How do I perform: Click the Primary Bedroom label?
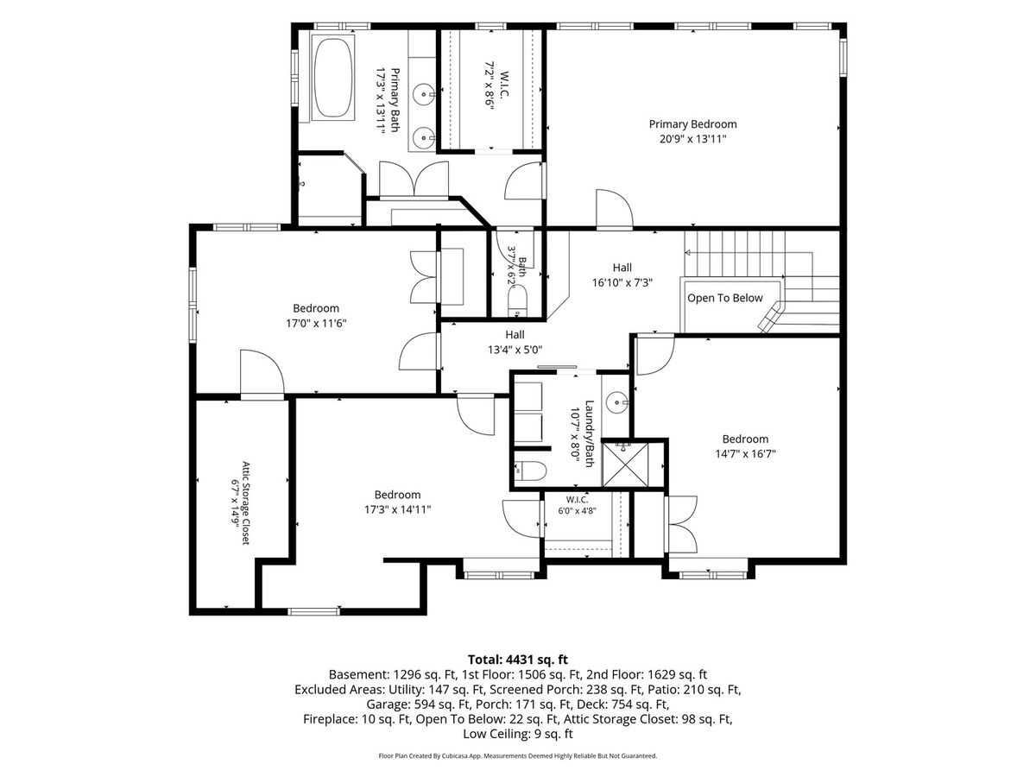[x=692, y=124]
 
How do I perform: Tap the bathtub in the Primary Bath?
[x=333, y=78]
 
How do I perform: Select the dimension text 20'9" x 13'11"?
[x=692, y=139]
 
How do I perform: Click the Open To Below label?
[x=724, y=298]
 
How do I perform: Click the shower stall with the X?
[x=625, y=464]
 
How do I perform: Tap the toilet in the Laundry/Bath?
[x=529, y=471]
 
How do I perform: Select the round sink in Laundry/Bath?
[x=617, y=402]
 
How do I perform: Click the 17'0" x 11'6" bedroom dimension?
[x=316, y=324]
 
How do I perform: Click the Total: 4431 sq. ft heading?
[x=518, y=660]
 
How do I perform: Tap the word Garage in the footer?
[x=388, y=704]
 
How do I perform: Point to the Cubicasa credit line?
[x=517, y=756]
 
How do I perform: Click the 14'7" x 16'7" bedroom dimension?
[x=745, y=454]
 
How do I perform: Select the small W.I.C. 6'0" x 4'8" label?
[x=577, y=505]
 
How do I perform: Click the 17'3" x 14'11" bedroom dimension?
[x=397, y=510]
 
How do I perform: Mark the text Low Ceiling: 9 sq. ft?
[x=518, y=734]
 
